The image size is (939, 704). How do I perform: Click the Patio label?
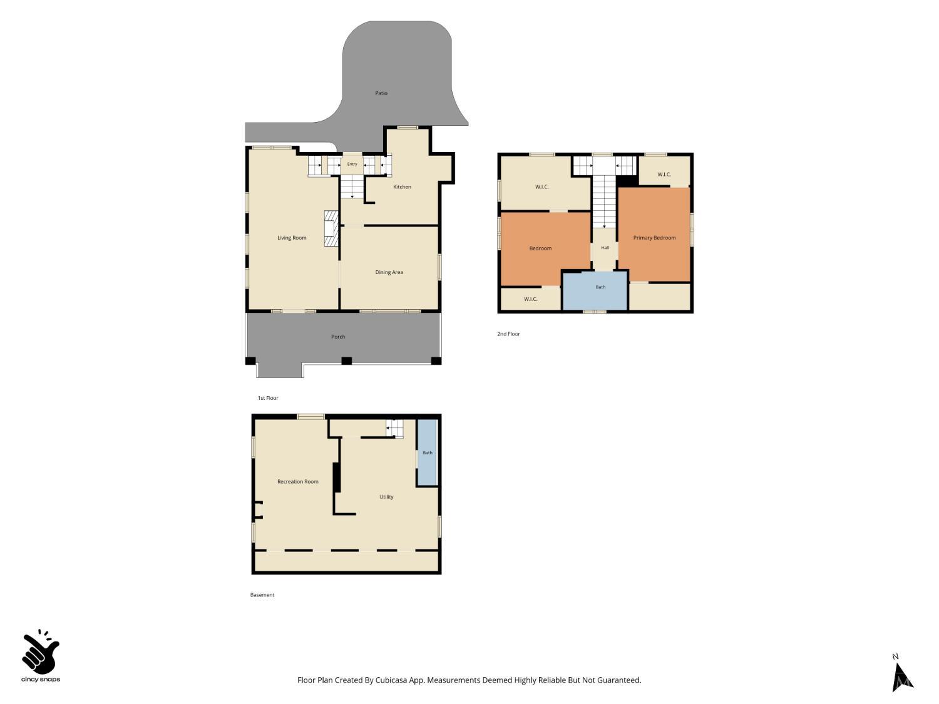tap(381, 93)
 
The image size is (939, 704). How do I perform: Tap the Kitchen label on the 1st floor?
tap(402, 186)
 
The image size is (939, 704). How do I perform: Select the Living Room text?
tap(292, 238)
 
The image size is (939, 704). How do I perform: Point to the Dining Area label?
tap(389, 272)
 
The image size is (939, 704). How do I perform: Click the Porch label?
tap(338, 337)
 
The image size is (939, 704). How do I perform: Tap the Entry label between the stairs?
tap(352, 164)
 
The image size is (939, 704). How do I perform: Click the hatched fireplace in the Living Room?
tap(331, 228)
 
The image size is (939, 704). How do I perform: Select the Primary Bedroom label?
tap(654, 238)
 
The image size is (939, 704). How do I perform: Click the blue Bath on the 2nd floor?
tap(595, 290)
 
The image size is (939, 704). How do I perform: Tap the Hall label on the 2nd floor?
tap(605, 247)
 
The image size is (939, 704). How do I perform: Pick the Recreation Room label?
tap(298, 482)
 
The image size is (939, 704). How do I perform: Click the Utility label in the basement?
tap(386, 497)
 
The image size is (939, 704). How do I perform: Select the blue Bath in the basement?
tap(427, 452)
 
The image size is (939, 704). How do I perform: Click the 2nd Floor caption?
tap(508, 334)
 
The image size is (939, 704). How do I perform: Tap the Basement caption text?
tap(262, 594)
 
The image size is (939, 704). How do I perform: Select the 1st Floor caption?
tap(268, 398)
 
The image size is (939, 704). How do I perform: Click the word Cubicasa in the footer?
tap(391, 680)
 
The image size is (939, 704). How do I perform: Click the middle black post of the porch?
tap(347, 361)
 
